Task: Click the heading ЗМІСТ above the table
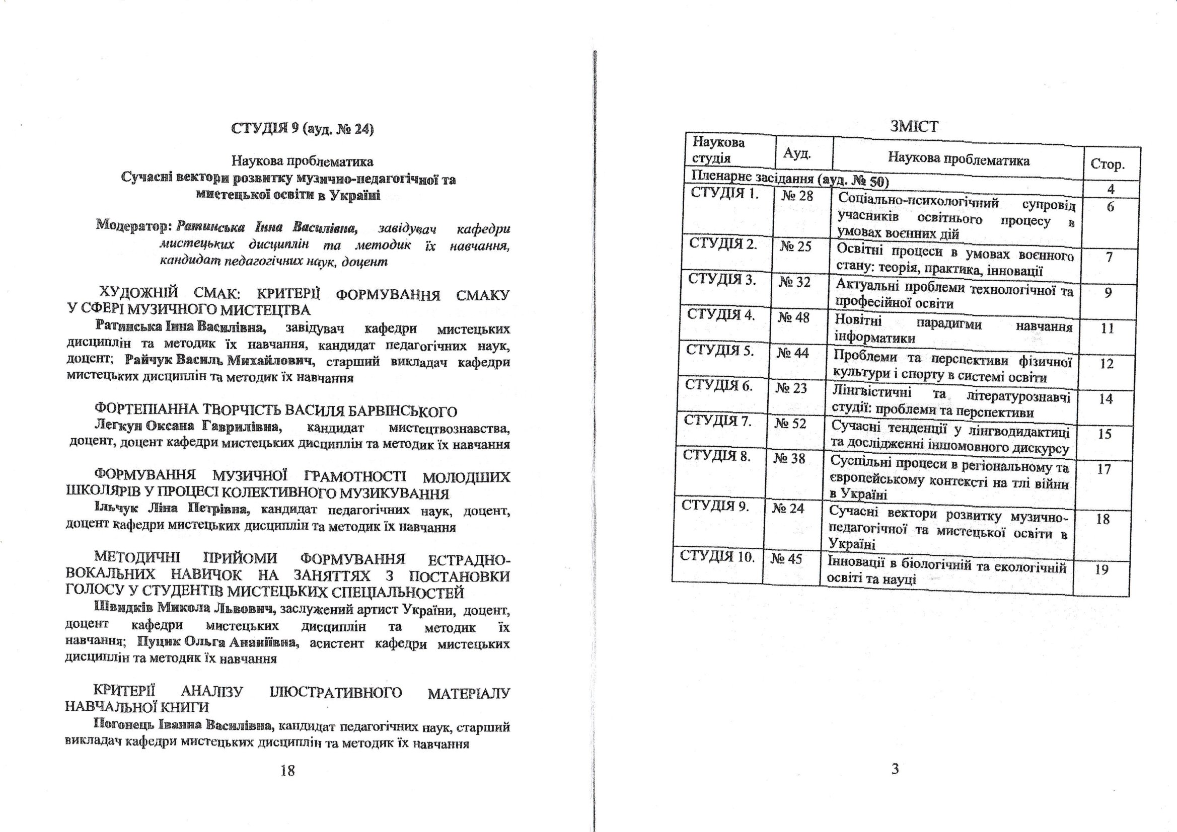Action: coord(914,126)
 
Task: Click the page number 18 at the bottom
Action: coord(287,771)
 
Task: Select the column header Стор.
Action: coord(1108,164)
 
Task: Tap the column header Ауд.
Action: coord(796,153)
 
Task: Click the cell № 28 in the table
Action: coord(797,196)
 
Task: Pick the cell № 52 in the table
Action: coord(790,423)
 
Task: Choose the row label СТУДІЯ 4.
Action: coord(721,314)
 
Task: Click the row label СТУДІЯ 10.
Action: coord(717,556)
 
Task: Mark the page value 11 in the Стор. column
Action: coord(1108,328)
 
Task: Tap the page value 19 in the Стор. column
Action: coord(1101,569)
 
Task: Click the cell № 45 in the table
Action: coord(786,558)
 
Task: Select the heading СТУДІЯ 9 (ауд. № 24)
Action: coord(303,129)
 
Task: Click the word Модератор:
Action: coord(133,225)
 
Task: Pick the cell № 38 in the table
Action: coord(789,458)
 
